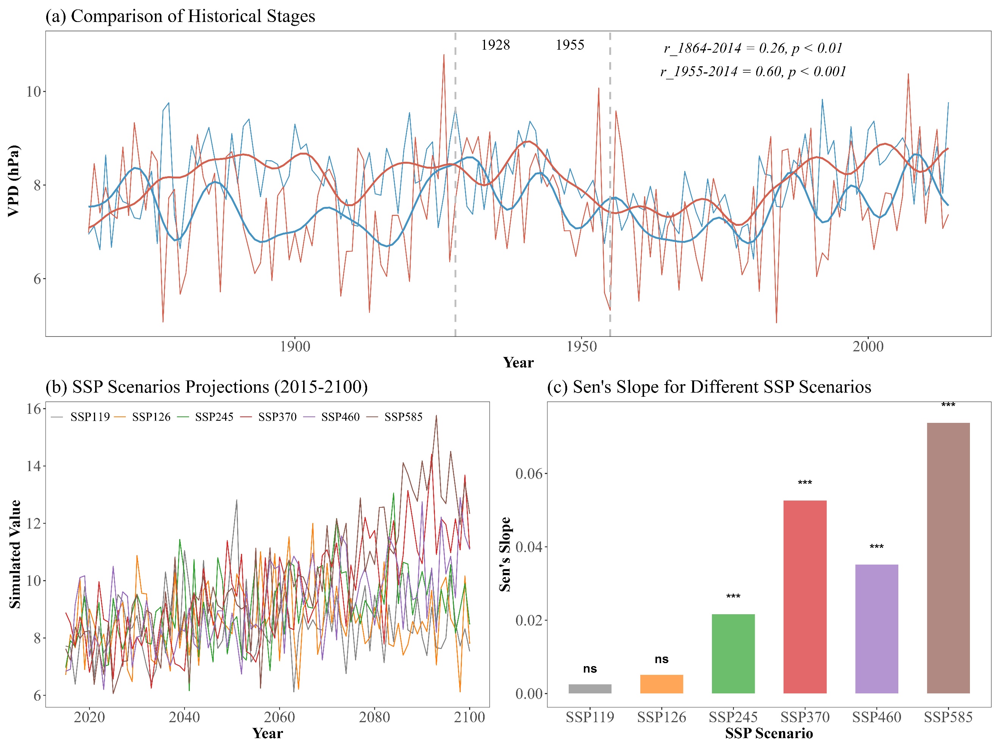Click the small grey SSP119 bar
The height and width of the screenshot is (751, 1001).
point(590,688)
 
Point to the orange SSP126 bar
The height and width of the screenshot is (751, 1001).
point(661,684)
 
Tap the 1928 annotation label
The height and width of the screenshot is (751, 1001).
point(495,45)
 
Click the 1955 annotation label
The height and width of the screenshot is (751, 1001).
point(570,45)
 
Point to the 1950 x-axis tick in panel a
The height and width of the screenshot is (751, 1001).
point(582,347)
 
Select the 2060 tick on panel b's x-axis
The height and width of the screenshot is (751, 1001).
point(279,717)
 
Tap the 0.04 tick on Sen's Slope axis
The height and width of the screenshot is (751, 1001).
point(529,547)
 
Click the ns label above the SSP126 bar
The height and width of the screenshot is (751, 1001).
point(661,659)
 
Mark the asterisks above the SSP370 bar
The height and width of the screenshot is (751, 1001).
point(805,483)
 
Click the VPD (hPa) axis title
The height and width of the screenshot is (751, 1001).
point(14,181)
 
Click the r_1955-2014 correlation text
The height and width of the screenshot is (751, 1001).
point(752,72)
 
